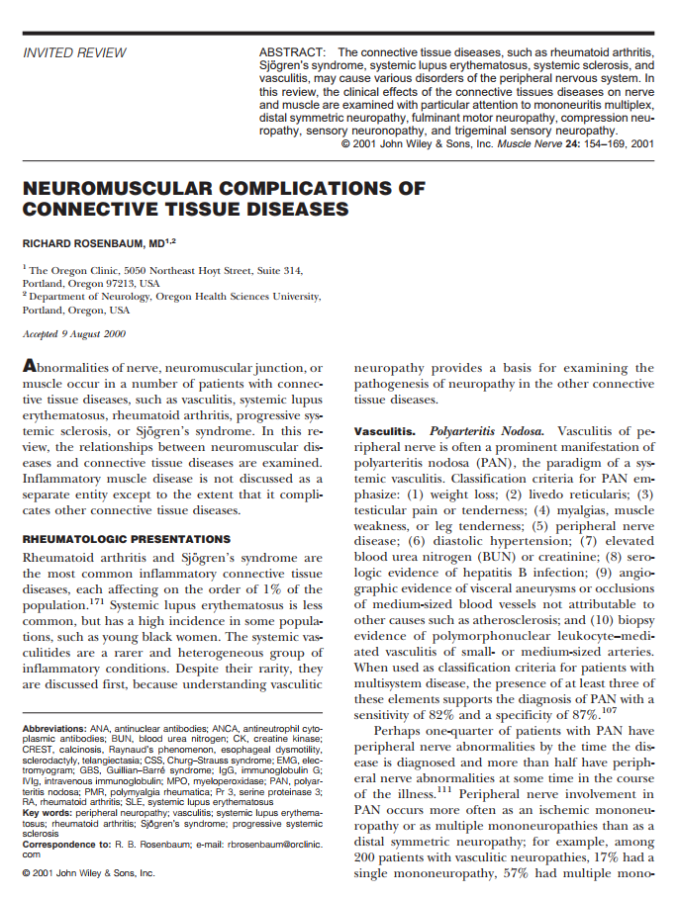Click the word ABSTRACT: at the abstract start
click(x=292, y=51)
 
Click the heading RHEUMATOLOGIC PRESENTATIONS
click(x=126, y=539)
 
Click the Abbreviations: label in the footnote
click(x=58, y=729)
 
